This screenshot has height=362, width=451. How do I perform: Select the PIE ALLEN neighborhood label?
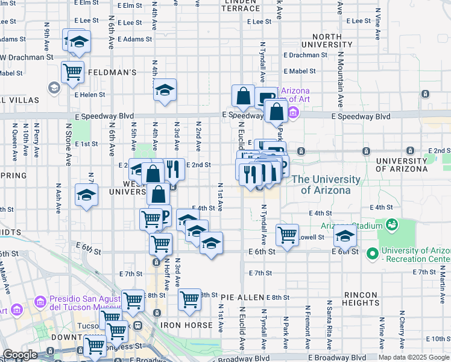pyautogui.click(x=242, y=297)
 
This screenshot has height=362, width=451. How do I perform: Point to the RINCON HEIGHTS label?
pyautogui.click(x=361, y=299)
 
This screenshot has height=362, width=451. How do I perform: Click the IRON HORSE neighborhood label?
pyautogui.click(x=186, y=325)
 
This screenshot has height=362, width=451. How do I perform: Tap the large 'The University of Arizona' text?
pyautogui.click(x=326, y=185)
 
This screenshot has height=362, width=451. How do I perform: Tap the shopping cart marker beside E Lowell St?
pyautogui.click(x=288, y=235)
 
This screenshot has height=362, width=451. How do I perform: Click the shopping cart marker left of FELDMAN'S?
pyautogui.click(x=72, y=72)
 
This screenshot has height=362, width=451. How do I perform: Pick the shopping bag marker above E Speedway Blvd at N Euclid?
pyautogui.click(x=243, y=96)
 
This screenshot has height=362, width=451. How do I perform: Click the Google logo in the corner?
pyautogui.click(x=20, y=355)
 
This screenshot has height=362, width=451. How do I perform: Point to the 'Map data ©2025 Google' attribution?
pyautogui.click(x=413, y=357)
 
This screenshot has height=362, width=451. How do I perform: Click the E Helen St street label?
pyautogui.click(x=90, y=94)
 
